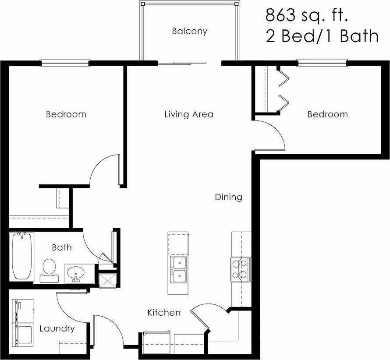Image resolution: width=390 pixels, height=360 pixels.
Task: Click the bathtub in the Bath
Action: [x=21, y=256]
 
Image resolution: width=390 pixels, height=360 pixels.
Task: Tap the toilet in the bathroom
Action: [x=49, y=269]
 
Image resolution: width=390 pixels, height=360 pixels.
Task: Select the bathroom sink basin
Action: [x=76, y=273]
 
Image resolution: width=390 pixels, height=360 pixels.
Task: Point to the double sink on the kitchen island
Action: [x=179, y=269]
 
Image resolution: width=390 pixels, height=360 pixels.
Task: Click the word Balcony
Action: [x=189, y=32]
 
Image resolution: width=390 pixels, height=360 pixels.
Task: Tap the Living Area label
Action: [x=189, y=115]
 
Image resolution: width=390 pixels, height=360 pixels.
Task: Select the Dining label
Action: [x=228, y=197]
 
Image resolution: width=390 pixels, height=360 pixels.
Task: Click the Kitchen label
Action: [x=163, y=313]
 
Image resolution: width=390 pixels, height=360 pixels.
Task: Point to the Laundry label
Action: [x=57, y=328]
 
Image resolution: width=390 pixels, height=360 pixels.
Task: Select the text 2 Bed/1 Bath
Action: [x=322, y=36]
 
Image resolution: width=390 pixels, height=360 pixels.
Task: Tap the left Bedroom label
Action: [x=66, y=115]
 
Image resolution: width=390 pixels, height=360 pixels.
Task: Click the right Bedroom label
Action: [x=327, y=115]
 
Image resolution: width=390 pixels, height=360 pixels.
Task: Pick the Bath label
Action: [x=62, y=247]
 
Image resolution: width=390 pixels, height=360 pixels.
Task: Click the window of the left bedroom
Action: [x=65, y=63]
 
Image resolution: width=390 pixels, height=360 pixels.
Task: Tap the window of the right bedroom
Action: [x=322, y=63]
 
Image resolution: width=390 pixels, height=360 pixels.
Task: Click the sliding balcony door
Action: [x=182, y=63]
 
